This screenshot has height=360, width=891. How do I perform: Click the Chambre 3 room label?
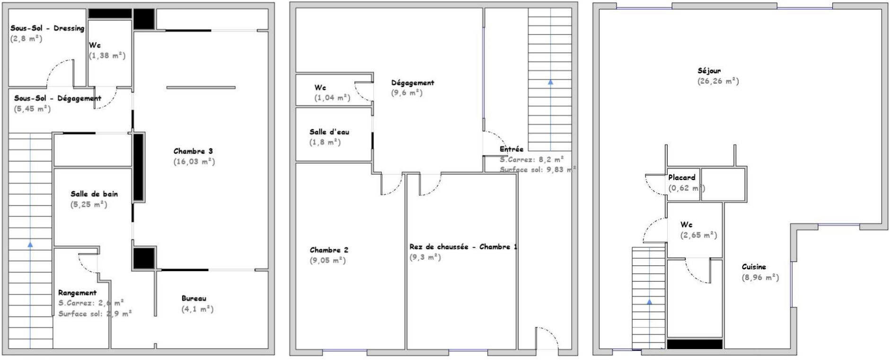click(x=193, y=151)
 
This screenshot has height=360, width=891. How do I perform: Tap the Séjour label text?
click(x=709, y=71)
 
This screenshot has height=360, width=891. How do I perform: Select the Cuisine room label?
click(x=754, y=267)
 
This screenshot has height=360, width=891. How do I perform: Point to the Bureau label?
click(x=194, y=299)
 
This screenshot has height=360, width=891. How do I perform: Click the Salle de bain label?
click(x=94, y=194)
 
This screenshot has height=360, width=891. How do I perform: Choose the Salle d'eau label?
click(x=329, y=132)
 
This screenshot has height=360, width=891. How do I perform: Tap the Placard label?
click(x=682, y=177)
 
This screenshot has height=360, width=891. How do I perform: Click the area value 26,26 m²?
click(x=718, y=81)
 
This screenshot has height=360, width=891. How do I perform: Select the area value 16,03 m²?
click(x=194, y=162)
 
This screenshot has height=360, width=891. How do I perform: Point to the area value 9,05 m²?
click(x=328, y=261)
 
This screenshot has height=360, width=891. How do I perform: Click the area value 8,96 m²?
click(x=760, y=278)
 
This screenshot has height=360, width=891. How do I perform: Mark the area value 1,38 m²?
click(x=107, y=56)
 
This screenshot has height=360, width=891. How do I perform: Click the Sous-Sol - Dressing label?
click(x=47, y=28)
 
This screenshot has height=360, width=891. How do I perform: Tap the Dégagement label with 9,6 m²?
click(x=413, y=83)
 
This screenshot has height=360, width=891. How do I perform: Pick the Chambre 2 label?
click(x=329, y=250)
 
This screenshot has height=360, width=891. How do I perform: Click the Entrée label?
click(x=512, y=149)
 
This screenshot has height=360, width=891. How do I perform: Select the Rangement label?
click(x=77, y=293)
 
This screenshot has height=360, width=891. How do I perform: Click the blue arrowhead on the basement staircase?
click(x=30, y=245)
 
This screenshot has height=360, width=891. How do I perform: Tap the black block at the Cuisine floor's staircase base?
click(x=695, y=344)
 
